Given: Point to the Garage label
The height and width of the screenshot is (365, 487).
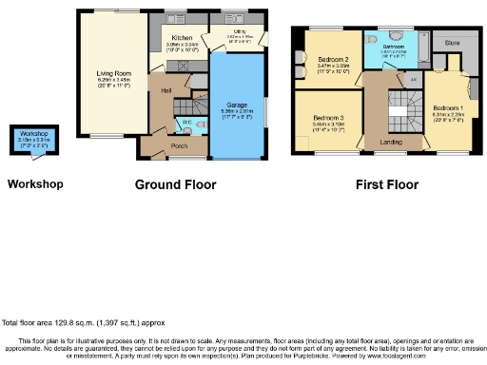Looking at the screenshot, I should [236, 104].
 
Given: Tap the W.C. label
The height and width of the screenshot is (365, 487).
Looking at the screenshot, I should [186, 123].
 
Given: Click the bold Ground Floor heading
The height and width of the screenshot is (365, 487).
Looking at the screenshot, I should [175, 184].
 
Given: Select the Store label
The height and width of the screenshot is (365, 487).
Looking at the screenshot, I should [452, 43].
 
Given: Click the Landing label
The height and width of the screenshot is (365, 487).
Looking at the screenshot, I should [392, 143].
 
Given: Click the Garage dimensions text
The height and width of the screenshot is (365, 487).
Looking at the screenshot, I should [236, 111].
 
